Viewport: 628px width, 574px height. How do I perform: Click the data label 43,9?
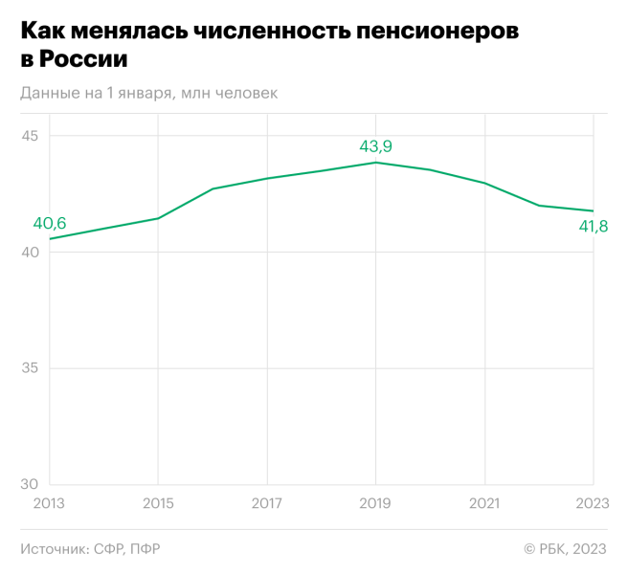[x=375, y=146]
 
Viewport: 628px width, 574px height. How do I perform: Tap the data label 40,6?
[x=50, y=223]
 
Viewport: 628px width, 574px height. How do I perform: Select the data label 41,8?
[x=592, y=227]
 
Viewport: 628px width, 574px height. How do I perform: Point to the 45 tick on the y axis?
[x=30, y=136]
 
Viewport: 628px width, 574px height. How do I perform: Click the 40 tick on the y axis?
[x=30, y=253]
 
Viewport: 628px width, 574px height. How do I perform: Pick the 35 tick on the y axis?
[x=30, y=368]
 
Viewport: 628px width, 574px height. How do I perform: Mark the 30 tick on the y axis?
[x=30, y=484]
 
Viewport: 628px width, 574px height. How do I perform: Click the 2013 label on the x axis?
[x=50, y=502]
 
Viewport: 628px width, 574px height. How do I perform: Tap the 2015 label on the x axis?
[x=158, y=502]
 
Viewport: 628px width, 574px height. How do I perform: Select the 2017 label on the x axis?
[x=267, y=502]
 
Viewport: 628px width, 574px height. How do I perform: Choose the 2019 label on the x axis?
[x=375, y=502]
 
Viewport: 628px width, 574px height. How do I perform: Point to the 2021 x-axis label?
[x=484, y=502]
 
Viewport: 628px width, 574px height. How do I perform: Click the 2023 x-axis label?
[x=593, y=502]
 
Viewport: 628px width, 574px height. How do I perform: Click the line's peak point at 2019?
[x=375, y=163]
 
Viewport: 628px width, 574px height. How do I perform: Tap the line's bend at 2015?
[x=158, y=218]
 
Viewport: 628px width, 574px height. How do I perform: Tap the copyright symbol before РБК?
[x=528, y=549]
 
